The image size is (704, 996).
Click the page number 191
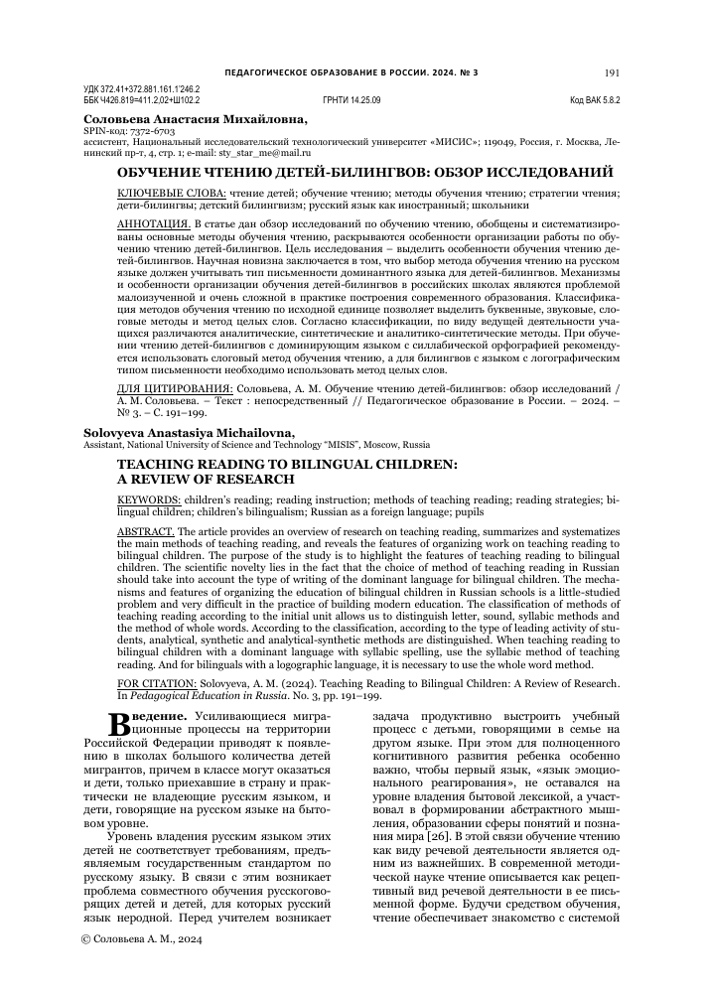612,72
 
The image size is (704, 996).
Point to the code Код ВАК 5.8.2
594,101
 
